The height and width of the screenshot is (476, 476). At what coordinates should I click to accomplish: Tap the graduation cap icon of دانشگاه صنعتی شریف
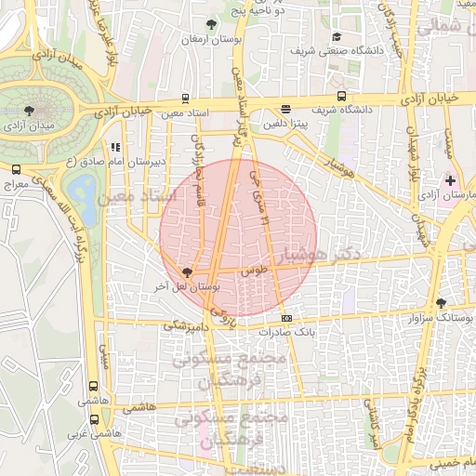(x=337, y=37)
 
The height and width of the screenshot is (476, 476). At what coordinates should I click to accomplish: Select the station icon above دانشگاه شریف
(x=342, y=95)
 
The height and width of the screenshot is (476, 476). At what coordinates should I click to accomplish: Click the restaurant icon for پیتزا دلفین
(x=284, y=108)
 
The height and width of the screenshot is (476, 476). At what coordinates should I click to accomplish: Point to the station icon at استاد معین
(x=185, y=99)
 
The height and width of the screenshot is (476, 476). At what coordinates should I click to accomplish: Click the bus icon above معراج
(x=16, y=170)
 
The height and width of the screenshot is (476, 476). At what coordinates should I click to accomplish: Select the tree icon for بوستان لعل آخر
(x=189, y=272)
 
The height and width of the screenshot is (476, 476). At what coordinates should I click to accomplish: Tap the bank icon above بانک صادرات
(x=285, y=318)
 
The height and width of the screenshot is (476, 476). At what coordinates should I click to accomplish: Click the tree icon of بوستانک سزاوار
(x=441, y=302)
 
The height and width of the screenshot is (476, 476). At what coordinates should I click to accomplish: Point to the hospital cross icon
(x=451, y=179)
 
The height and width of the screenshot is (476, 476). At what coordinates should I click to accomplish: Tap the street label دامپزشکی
(x=183, y=325)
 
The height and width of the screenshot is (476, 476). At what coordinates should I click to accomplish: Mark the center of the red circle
(x=239, y=238)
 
